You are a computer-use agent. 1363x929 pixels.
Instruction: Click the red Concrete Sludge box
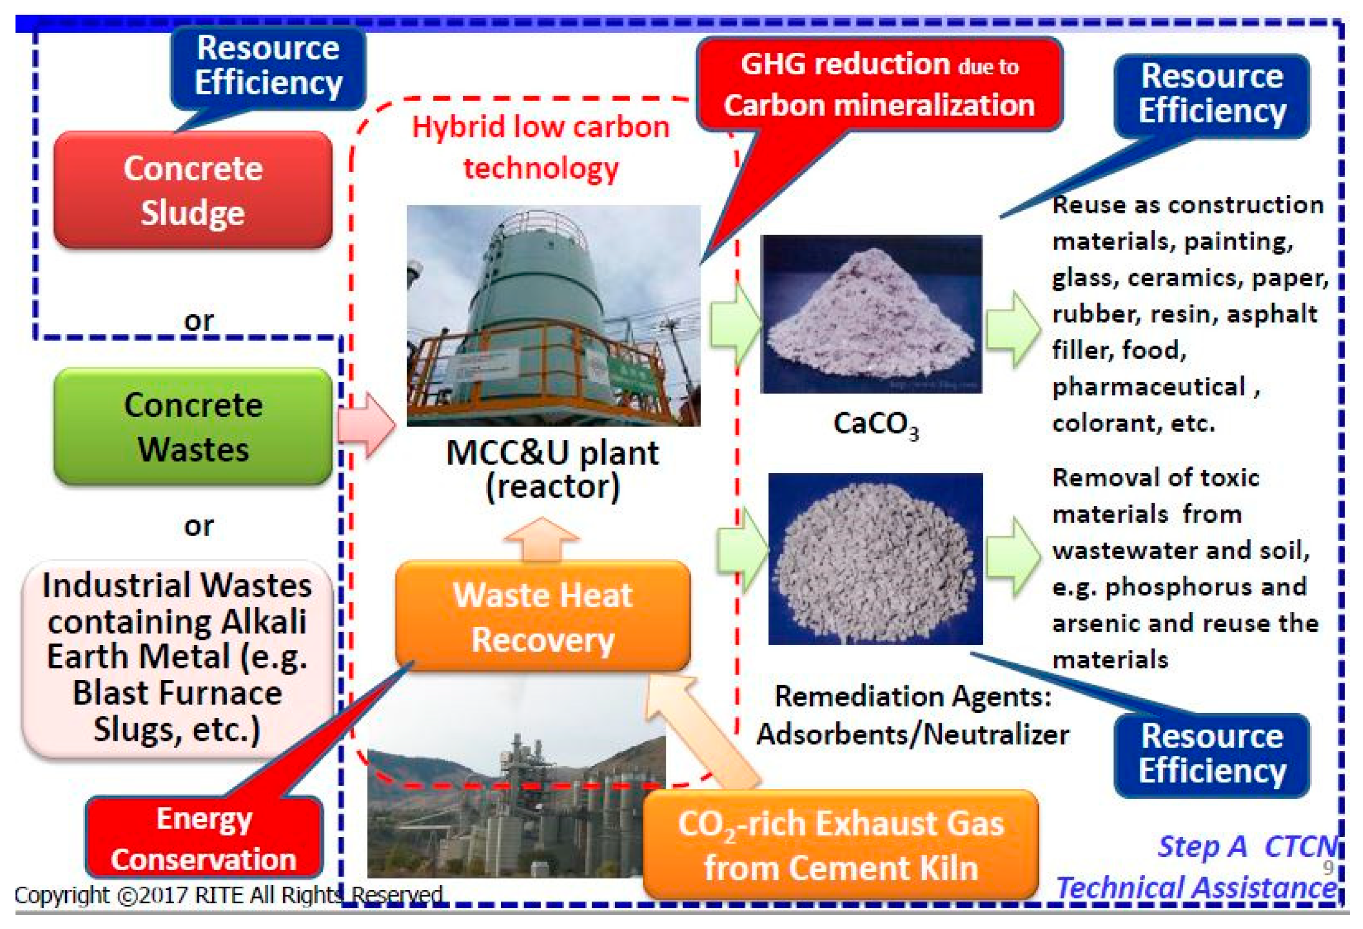pyautogui.click(x=192, y=189)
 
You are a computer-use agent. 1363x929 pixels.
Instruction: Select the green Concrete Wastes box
pyautogui.click(x=192, y=427)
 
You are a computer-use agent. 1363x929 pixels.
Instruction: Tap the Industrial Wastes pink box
pyautogui.click(x=177, y=657)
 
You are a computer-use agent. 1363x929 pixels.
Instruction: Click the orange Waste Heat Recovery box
pyautogui.click(x=542, y=616)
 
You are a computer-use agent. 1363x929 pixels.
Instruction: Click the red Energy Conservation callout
pyautogui.click(x=204, y=838)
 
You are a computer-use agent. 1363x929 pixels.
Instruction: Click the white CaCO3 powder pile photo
pyautogui.click(x=871, y=314)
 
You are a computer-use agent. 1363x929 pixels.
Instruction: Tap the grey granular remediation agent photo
pyautogui.click(x=875, y=559)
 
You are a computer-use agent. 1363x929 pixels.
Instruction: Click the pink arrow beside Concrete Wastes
pyautogui.click(x=367, y=425)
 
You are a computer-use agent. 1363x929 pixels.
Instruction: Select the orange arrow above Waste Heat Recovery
pyautogui.click(x=541, y=539)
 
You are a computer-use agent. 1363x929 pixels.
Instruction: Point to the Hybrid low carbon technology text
pyautogui.click(x=540, y=146)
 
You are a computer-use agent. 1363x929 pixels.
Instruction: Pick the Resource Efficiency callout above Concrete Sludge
pyautogui.click(x=268, y=66)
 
